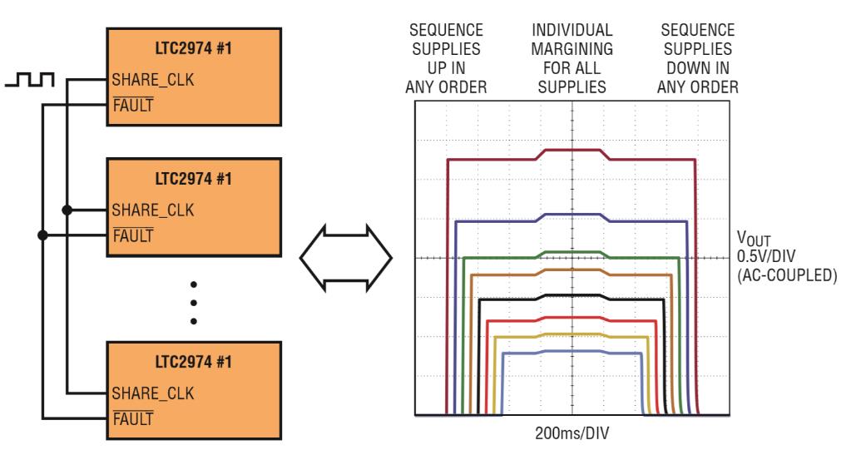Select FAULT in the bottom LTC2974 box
click(x=126, y=412)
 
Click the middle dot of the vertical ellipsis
click(x=194, y=303)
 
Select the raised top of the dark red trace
click(x=571, y=151)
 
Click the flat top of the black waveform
click(x=571, y=295)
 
